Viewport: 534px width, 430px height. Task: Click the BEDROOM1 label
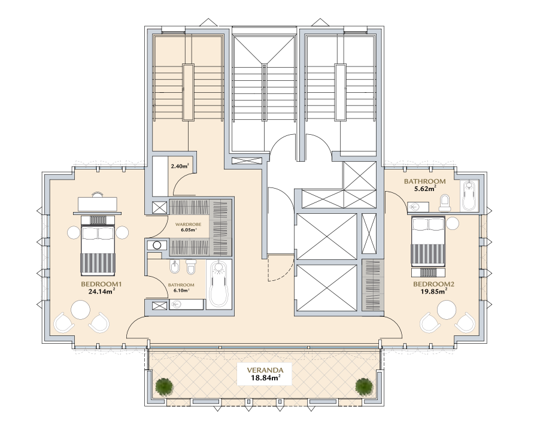(x=101, y=284)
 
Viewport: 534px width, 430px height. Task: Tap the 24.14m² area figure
(x=101, y=291)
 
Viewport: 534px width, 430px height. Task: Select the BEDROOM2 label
(x=433, y=284)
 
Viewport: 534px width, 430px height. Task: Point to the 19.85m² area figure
(x=433, y=291)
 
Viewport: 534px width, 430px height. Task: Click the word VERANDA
(x=265, y=370)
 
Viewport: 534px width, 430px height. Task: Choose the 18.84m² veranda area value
(x=265, y=377)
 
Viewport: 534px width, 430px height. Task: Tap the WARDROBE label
(x=188, y=225)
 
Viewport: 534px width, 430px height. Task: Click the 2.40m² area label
(x=180, y=166)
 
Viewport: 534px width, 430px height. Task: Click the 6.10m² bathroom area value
(x=181, y=290)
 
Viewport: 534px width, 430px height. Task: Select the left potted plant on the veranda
(x=165, y=386)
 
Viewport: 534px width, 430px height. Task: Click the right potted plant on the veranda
(x=364, y=386)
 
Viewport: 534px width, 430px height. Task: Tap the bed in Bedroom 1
(x=98, y=246)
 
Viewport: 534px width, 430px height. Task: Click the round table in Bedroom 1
(x=81, y=310)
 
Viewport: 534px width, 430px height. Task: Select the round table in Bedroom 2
(x=447, y=310)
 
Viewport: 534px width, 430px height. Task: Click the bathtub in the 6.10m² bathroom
(x=219, y=284)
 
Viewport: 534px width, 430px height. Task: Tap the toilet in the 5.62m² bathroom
(x=445, y=202)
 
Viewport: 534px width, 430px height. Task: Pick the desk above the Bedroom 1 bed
(x=98, y=204)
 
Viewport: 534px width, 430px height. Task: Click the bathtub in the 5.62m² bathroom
(x=469, y=196)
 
